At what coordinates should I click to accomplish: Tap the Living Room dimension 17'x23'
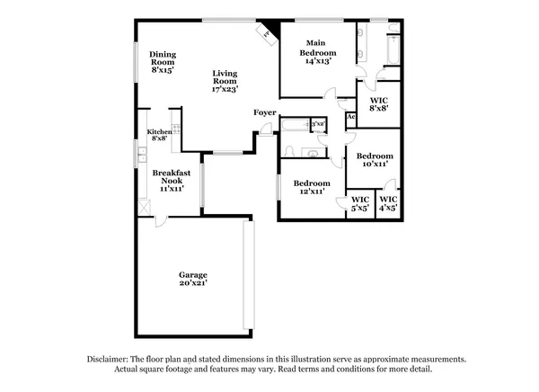(225, 89)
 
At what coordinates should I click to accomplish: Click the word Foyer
(264, 112)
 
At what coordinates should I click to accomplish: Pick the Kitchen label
(159, 132)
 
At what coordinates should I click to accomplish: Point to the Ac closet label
(350, 117)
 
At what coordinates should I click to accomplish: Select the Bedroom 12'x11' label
(312, 187)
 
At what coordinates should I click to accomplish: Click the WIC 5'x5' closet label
(360, 203)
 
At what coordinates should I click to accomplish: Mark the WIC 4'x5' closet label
(389, 203)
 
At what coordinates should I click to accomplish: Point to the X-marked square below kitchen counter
(143, 206)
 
